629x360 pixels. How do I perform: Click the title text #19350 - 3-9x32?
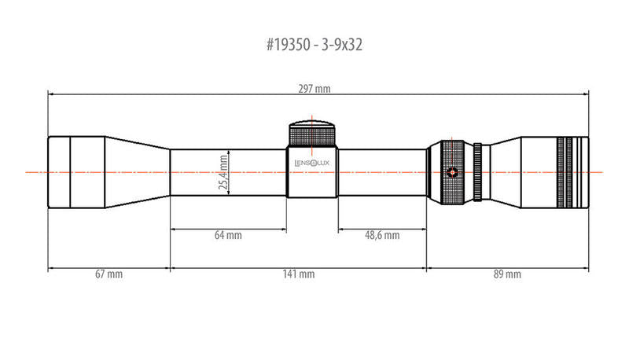click(314, 46)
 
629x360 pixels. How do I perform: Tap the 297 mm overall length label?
click(315, 89)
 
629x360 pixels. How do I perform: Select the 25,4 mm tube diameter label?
click(223, 172)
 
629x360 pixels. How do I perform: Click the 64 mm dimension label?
click(228, 235)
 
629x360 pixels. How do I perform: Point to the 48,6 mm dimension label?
click(381, 235)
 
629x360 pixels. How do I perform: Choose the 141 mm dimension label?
click(299, 274)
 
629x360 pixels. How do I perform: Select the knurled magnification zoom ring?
click(451, 171)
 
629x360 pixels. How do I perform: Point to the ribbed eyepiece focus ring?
click(571, 171)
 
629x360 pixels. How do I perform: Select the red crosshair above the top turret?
click(313, 119)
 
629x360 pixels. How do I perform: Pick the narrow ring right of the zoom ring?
click(476, 171)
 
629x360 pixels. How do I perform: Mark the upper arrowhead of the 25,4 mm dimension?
click(228, 152)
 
